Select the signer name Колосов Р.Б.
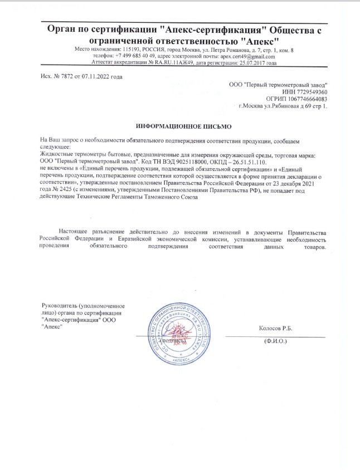tap(276, 329)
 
